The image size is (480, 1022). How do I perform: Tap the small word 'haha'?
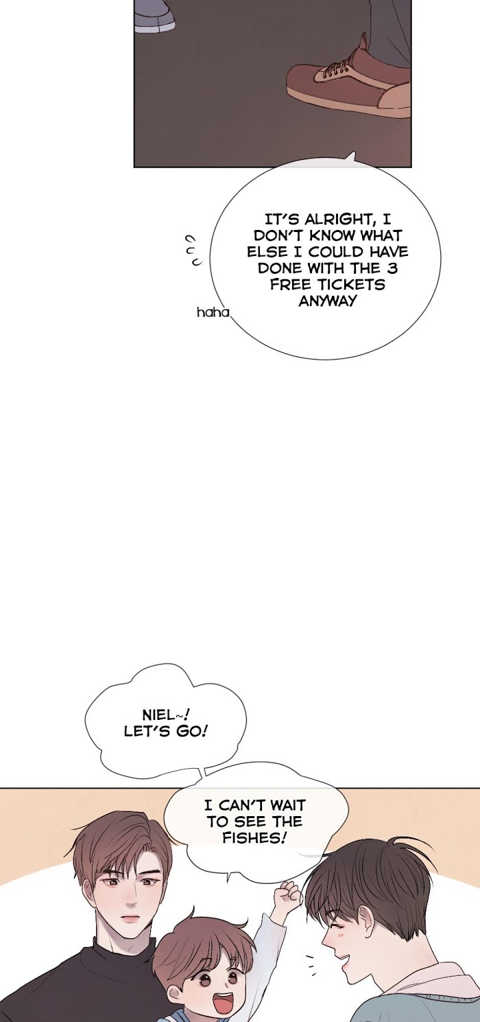pyautogui.click(x=213, y=313)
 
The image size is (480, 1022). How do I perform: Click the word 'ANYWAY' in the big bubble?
pyautogui.click(x=328, y=301)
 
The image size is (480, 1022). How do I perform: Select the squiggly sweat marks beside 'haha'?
pyautogui.click(x=193, y=251)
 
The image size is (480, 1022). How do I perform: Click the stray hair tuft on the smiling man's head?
pyautogui.click(x=401, y=844)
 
